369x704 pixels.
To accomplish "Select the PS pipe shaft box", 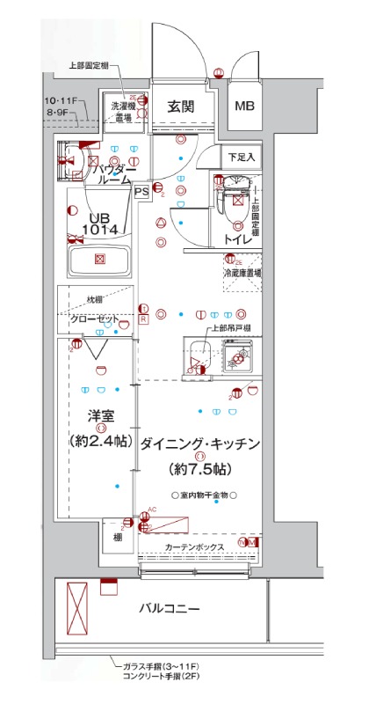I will (x=141, y=187).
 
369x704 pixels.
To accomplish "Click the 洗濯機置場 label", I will (x=121, y=111).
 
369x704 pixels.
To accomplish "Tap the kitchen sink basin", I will (x=235, y=357).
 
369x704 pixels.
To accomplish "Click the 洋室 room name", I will (x=100, y=414).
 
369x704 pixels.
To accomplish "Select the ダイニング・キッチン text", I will (x=199, y=444).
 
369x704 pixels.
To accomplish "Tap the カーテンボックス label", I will (x=194, y=547).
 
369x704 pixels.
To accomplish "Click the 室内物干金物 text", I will (x=203, y=495).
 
